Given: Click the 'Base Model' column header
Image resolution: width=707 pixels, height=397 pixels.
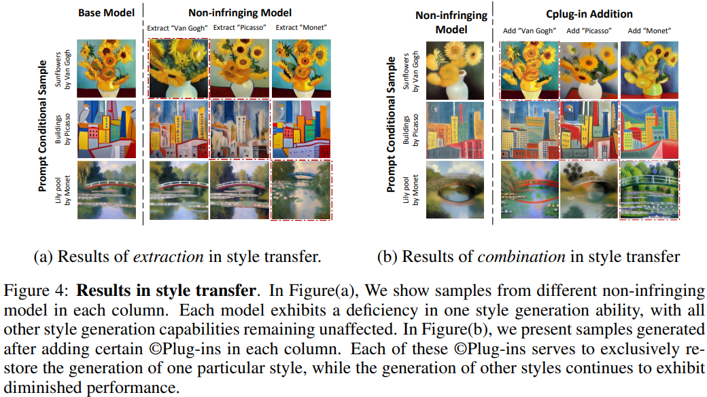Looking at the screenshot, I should point(106,12).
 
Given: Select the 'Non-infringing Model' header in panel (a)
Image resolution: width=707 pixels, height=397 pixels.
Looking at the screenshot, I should point(239,12).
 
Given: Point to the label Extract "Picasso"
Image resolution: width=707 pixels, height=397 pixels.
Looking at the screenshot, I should point(240,27).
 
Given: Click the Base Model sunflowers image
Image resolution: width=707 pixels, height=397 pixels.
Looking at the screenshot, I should point(106,68).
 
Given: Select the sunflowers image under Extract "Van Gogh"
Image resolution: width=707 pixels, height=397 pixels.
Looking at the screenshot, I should point(178,68).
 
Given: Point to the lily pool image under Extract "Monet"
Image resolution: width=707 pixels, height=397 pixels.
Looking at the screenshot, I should point(302,189).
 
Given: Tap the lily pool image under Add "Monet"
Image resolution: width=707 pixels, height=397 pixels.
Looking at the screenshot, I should point(649,189).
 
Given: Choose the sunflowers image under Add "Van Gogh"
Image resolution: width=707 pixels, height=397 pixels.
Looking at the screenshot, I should point(527,71).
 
